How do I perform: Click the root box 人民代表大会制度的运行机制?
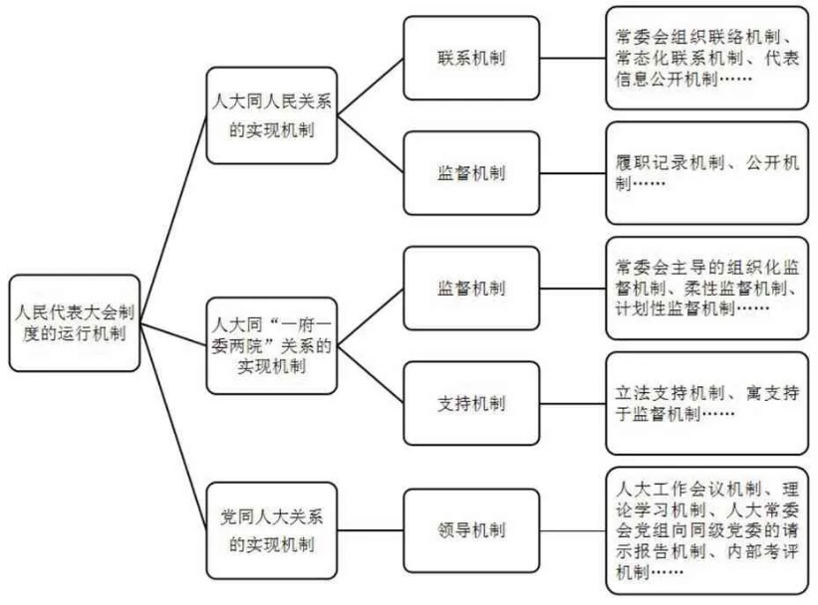(x=75, y=323)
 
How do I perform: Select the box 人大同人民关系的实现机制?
(x=272, y=115)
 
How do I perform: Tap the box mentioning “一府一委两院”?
(x=272, y=345)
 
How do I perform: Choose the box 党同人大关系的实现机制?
(x=272, y=530)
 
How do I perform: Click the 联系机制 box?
(x=471, y=58)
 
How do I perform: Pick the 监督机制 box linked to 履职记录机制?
(x=471, y=173)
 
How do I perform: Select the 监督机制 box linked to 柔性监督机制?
(x=471, y=289)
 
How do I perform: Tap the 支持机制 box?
(x=471, y=403)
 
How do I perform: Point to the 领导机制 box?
(x=471, y=530)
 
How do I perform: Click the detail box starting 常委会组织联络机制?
(x=706, y=58)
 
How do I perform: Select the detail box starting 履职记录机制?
(x=706, y=173)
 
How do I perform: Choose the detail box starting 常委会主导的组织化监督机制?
(x=706, y=289)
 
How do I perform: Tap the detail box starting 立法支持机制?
(x=706, y=403)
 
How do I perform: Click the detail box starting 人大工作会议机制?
(x=706, y=530)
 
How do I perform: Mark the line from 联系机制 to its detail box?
(x=573, y=58)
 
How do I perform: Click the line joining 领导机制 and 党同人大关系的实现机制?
(x=371, y=530)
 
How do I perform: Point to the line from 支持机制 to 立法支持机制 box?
(x=573, y=403)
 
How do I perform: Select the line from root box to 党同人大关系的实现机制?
(x=173, y=427)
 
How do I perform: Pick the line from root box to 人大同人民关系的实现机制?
(x=173, y=219)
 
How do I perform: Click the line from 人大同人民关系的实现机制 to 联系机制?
(x=371, y=87)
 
